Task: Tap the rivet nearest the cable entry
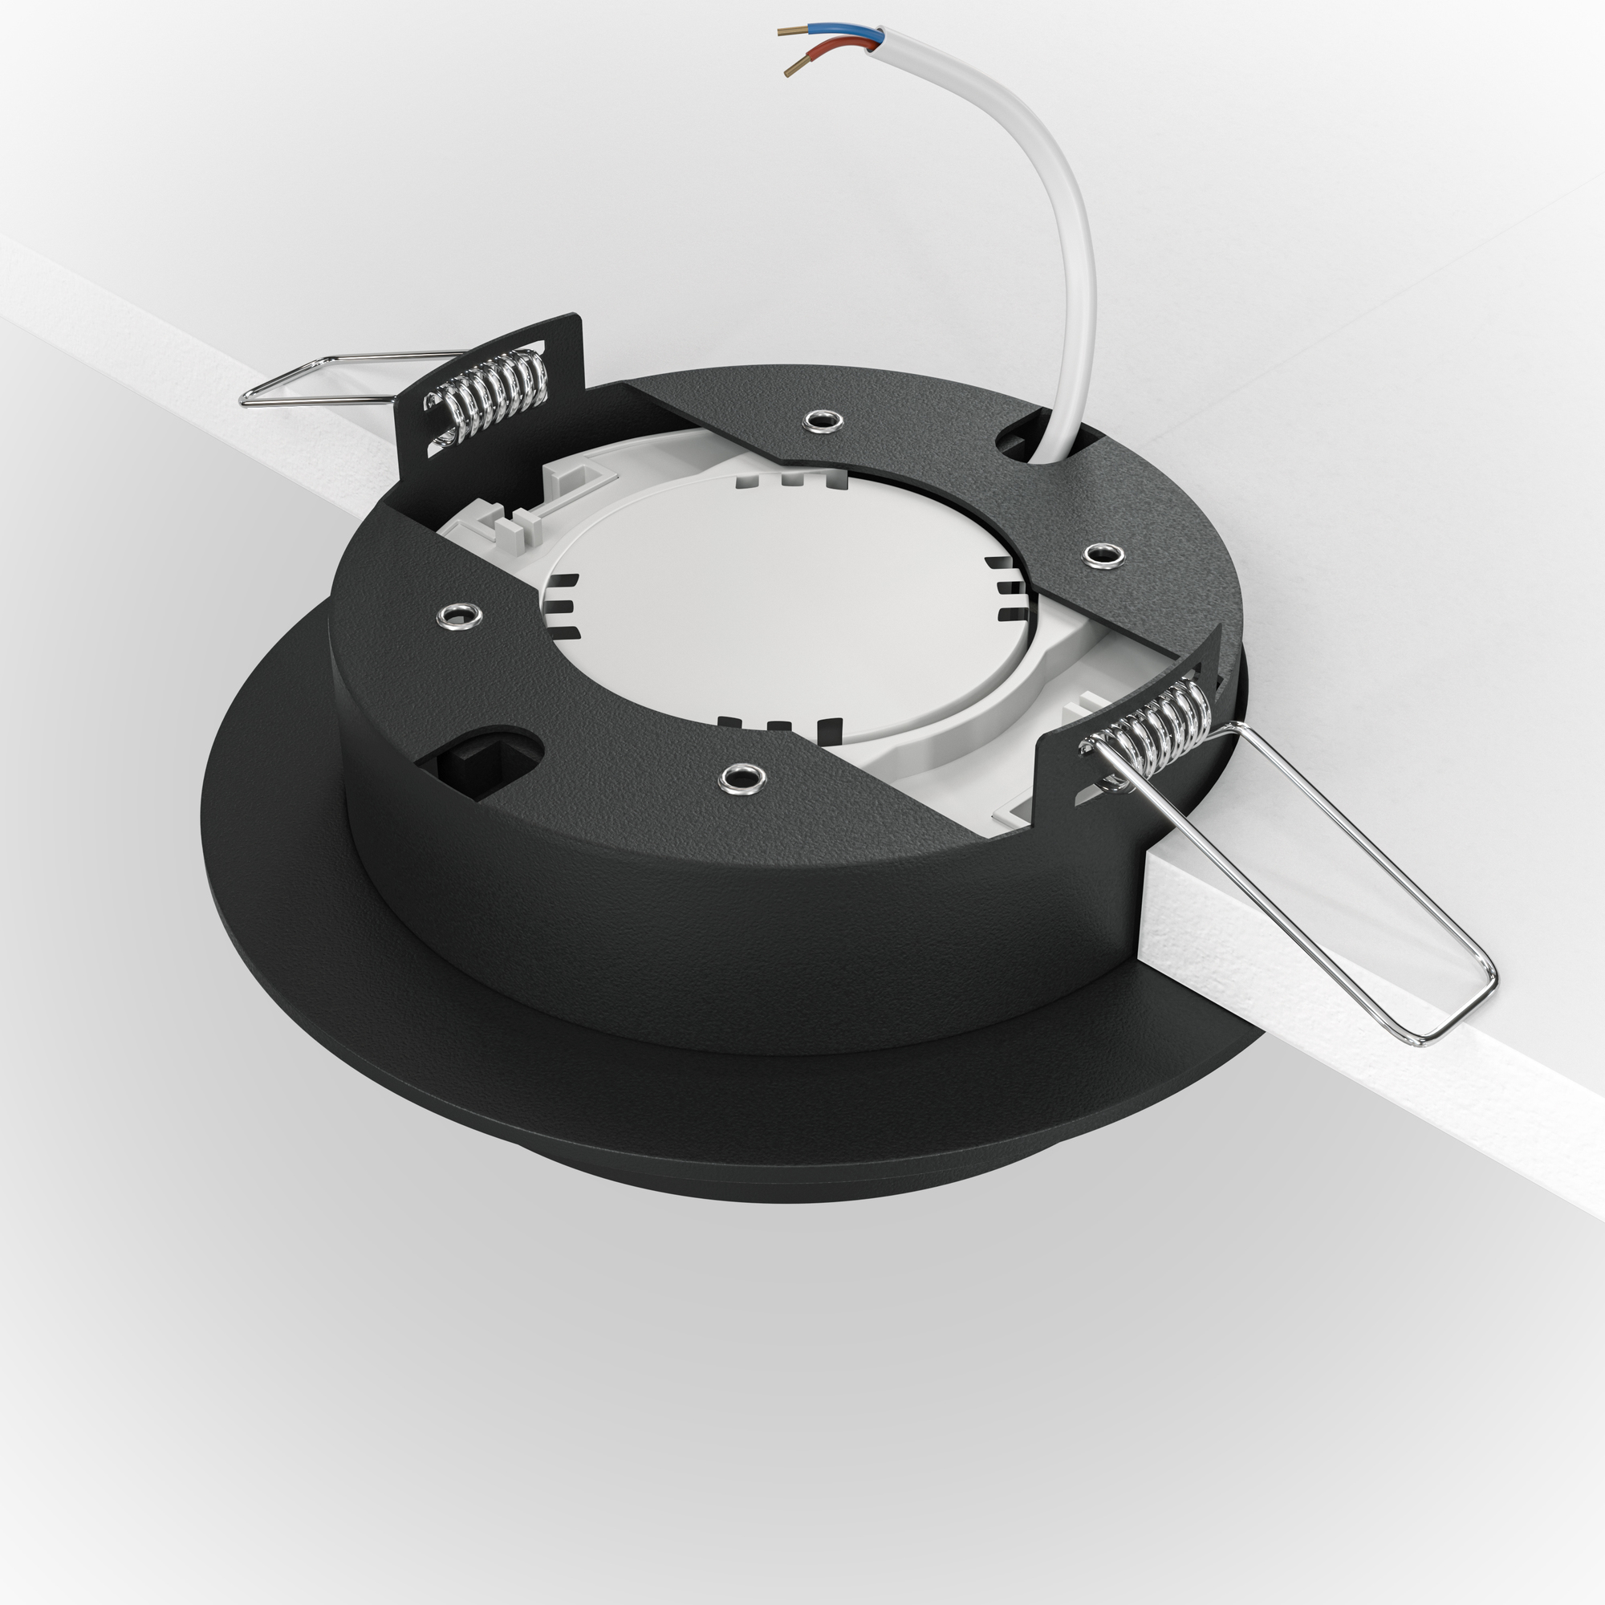pyautogui.click(x=823, y=421)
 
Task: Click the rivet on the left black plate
pyautogui.click(x=458, y=616)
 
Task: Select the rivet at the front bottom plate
pyautogui.click(x=741, y=778)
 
